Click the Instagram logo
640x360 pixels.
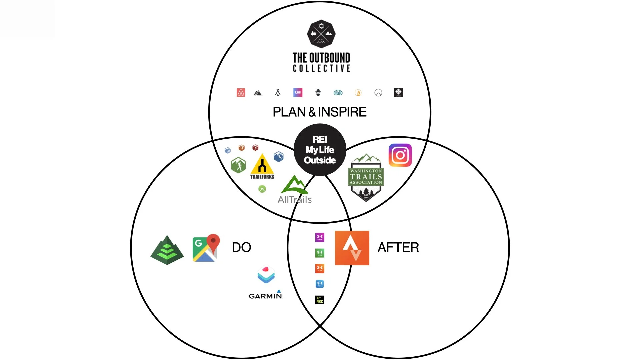tap(400, 155)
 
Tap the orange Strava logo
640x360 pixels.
tap(352, 248)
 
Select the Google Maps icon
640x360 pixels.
tap(206, 248)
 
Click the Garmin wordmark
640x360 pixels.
tap(266, 296)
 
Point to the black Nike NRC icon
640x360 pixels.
tap(320, 300)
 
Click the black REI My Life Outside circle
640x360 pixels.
tap(320, 150)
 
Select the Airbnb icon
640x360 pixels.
tap(241, 92)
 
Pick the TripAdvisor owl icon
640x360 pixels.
tap(338, 92)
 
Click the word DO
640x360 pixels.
tap(241, 247)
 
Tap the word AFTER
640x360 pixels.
tap(398, 247)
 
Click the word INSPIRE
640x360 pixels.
tap(342, 112)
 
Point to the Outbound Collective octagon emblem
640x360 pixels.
tap(321, 34)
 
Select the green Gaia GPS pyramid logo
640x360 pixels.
tap(167, 250)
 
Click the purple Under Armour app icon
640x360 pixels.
tap(320, 237)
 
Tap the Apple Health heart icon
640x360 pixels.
tap(266, 274)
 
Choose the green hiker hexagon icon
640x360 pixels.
tap(238, 165)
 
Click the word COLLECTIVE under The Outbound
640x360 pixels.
tap(321, 68)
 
